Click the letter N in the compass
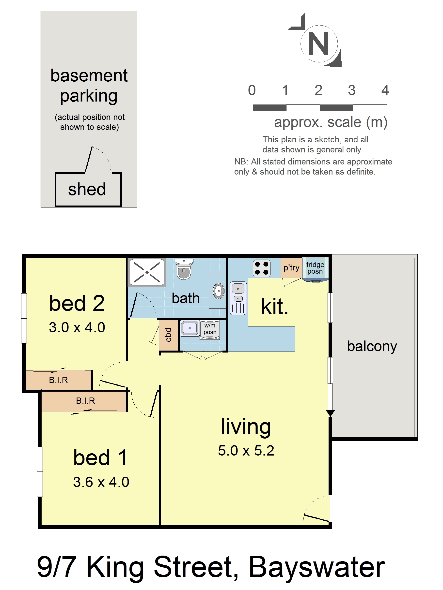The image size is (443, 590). click(318, 44)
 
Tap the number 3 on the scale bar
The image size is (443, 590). click(351, 90)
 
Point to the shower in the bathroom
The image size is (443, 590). click(147, 272)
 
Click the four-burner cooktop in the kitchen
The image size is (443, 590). click(261, 268)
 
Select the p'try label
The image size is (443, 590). click(291, 267)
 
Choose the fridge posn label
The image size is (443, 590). click(315, 268)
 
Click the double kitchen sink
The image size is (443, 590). click(238, 298)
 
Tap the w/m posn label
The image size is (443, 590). click(210, 329)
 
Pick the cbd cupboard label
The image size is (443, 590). click(168, 335)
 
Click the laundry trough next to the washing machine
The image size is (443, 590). click(190, 328)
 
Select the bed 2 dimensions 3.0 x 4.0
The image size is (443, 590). click(77, 327)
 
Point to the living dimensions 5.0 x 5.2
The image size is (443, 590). click(246, 451)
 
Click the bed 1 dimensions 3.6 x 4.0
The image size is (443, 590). click(101, 482)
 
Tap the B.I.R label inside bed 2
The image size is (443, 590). click(59, 380)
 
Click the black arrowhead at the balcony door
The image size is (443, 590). click(330, 413)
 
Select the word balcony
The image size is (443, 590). click(372, 346)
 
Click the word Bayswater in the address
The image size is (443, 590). click(317, 567)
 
